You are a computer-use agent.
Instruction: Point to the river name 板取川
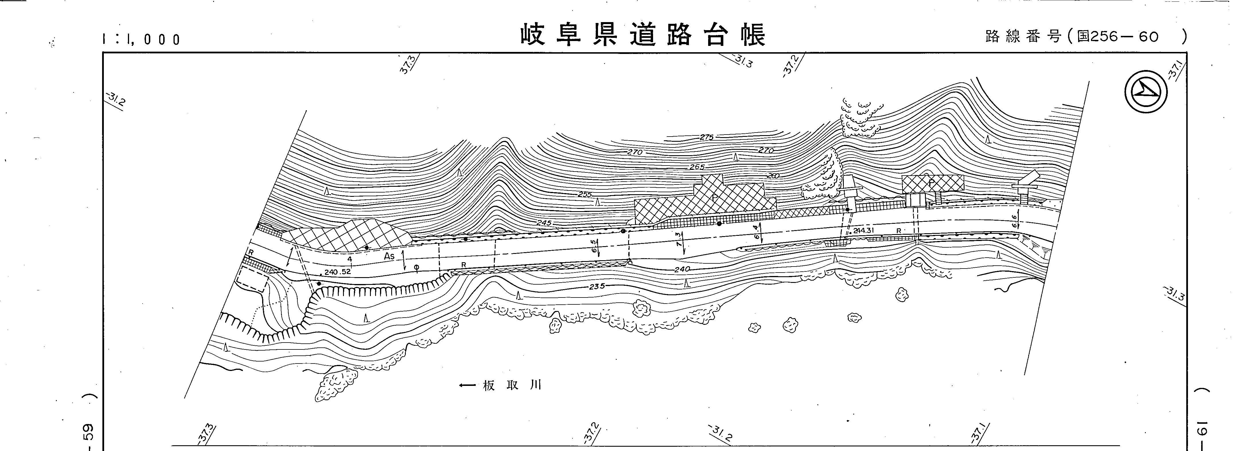click(512, 385)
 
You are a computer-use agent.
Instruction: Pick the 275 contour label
click(706, 137)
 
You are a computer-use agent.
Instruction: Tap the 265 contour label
click(697, 167)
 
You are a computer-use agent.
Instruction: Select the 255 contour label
click(585, 195)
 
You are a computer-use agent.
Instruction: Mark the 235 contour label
click(597, 286)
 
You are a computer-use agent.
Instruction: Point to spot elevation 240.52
click(338, 271)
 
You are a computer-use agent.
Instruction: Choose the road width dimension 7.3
click(679, 239)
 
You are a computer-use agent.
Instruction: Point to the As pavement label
click(389, 256)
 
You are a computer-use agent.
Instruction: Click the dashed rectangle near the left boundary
click(253, 279)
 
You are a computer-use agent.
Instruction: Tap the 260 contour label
click(773, 176)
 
